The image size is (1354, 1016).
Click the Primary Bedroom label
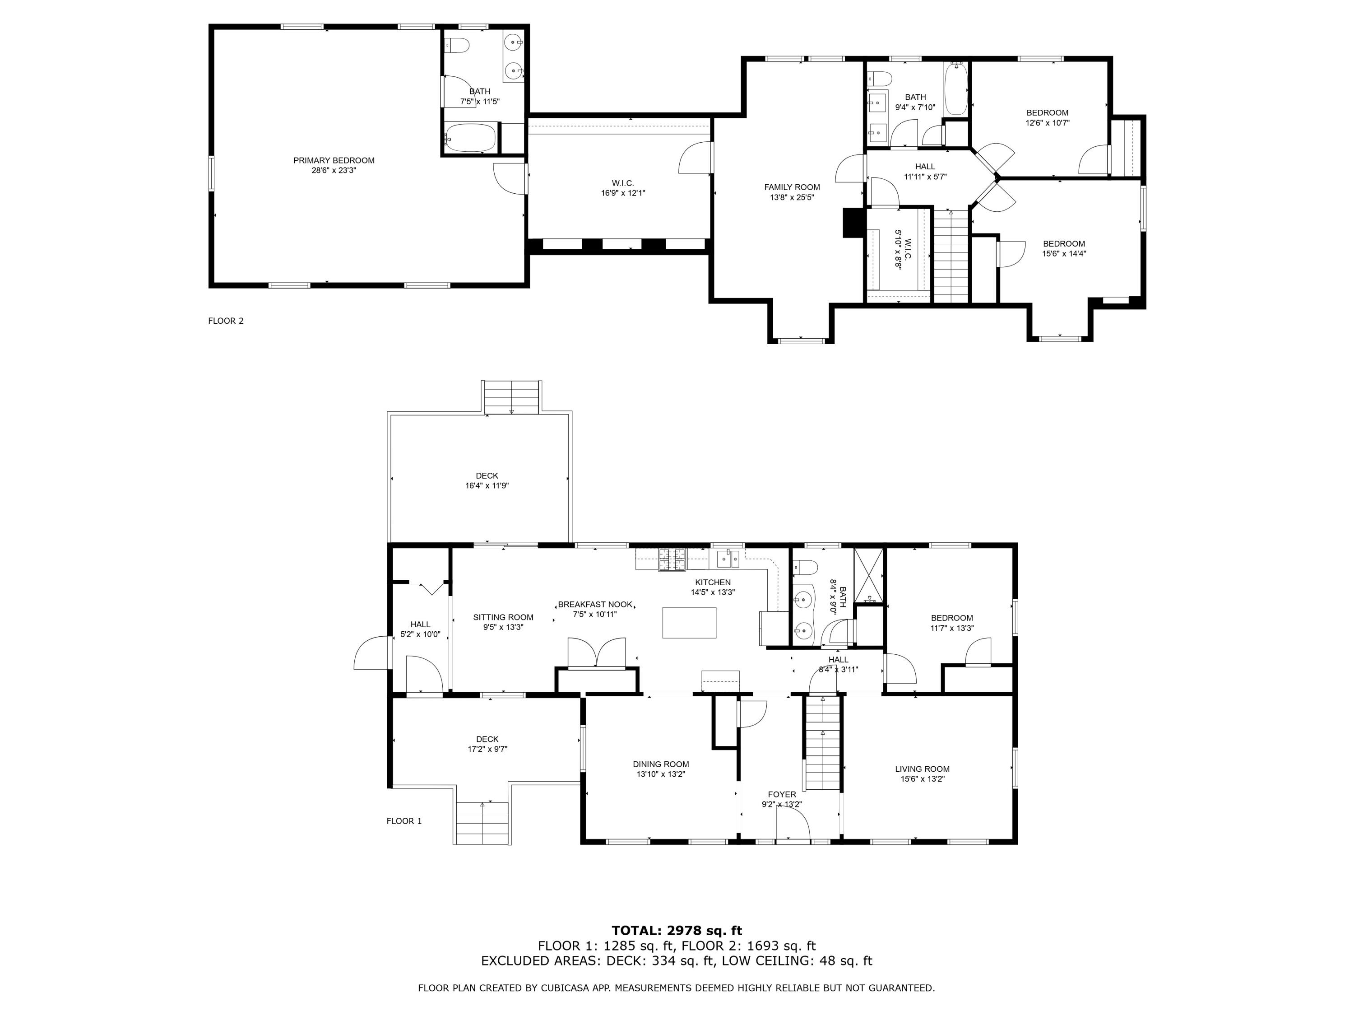point(334,160)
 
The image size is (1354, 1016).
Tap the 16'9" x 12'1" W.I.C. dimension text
point(622,193)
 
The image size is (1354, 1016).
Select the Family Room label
point(792,187)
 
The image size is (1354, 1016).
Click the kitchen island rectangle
point(689,623)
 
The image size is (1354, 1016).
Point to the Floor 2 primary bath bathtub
point(470,138)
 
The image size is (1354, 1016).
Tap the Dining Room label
point(660,764)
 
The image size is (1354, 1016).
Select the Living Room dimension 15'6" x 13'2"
point(922,779)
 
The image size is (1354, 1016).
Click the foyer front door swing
point(793,824)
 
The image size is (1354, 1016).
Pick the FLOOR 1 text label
point(404,821)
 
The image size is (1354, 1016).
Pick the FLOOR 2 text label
point(226,321)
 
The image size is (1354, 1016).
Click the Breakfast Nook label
point(595,605)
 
